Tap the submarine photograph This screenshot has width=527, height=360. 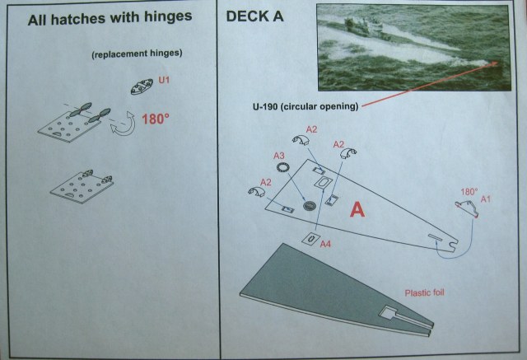408,45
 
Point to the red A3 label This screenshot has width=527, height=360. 279,155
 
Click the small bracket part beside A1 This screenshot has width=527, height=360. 467,210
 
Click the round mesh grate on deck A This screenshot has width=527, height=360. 310,204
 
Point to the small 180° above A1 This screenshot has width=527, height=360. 469,191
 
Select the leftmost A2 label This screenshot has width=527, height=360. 264,181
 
